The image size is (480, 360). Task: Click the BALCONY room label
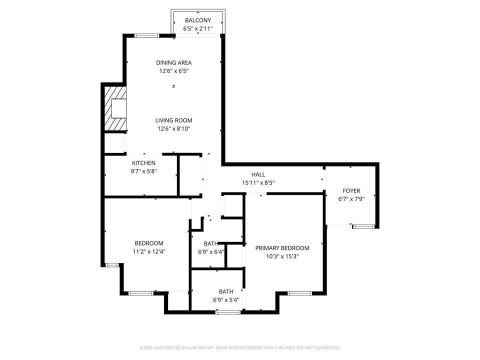pyautogui.click(x=198, y=20)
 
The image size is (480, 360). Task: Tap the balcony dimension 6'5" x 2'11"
pyautogui.click(x=198, y=29)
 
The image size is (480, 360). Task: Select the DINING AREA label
pyautogui.click(x=174, y=62)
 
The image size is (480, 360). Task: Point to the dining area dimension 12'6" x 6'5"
pyautogui.click(x=174, y=71)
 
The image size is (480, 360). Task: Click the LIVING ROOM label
pyautogui.click(x=173, y=120)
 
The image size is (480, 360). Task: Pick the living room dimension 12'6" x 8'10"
pyautogui.click(x=174, y=129)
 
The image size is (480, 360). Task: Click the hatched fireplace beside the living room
pyautogui.click(x=115, y=108)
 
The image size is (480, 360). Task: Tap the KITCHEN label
pyautogui.click(x=143, y=163)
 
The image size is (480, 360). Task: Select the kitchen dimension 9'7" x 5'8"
pyautogui.click(x=143, y=171)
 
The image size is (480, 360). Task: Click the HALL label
pyautogui.click(x=258, y=174)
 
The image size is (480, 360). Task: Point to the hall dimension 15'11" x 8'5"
pyautogui.click(x=258, y=183)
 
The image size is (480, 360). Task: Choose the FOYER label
pyautogui.click(x=351, y=190)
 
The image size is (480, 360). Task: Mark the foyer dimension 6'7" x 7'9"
pyautogui.click(x=351, y=199)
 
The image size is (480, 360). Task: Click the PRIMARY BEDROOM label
pyautogui.click(x=282, y=248)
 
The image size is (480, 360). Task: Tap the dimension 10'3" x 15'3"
pyautogui.click(x=282, y=256)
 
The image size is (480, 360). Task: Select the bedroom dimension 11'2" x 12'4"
pyautogui.click(x=149, y=251)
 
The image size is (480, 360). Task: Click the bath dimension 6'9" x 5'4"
pyautogui.click(x=226, y=300)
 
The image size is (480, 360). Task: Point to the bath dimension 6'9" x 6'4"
pyautogui.click(x=211, y=252)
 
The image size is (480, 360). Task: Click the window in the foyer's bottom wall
pyautogui.click(x=363, y=226)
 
